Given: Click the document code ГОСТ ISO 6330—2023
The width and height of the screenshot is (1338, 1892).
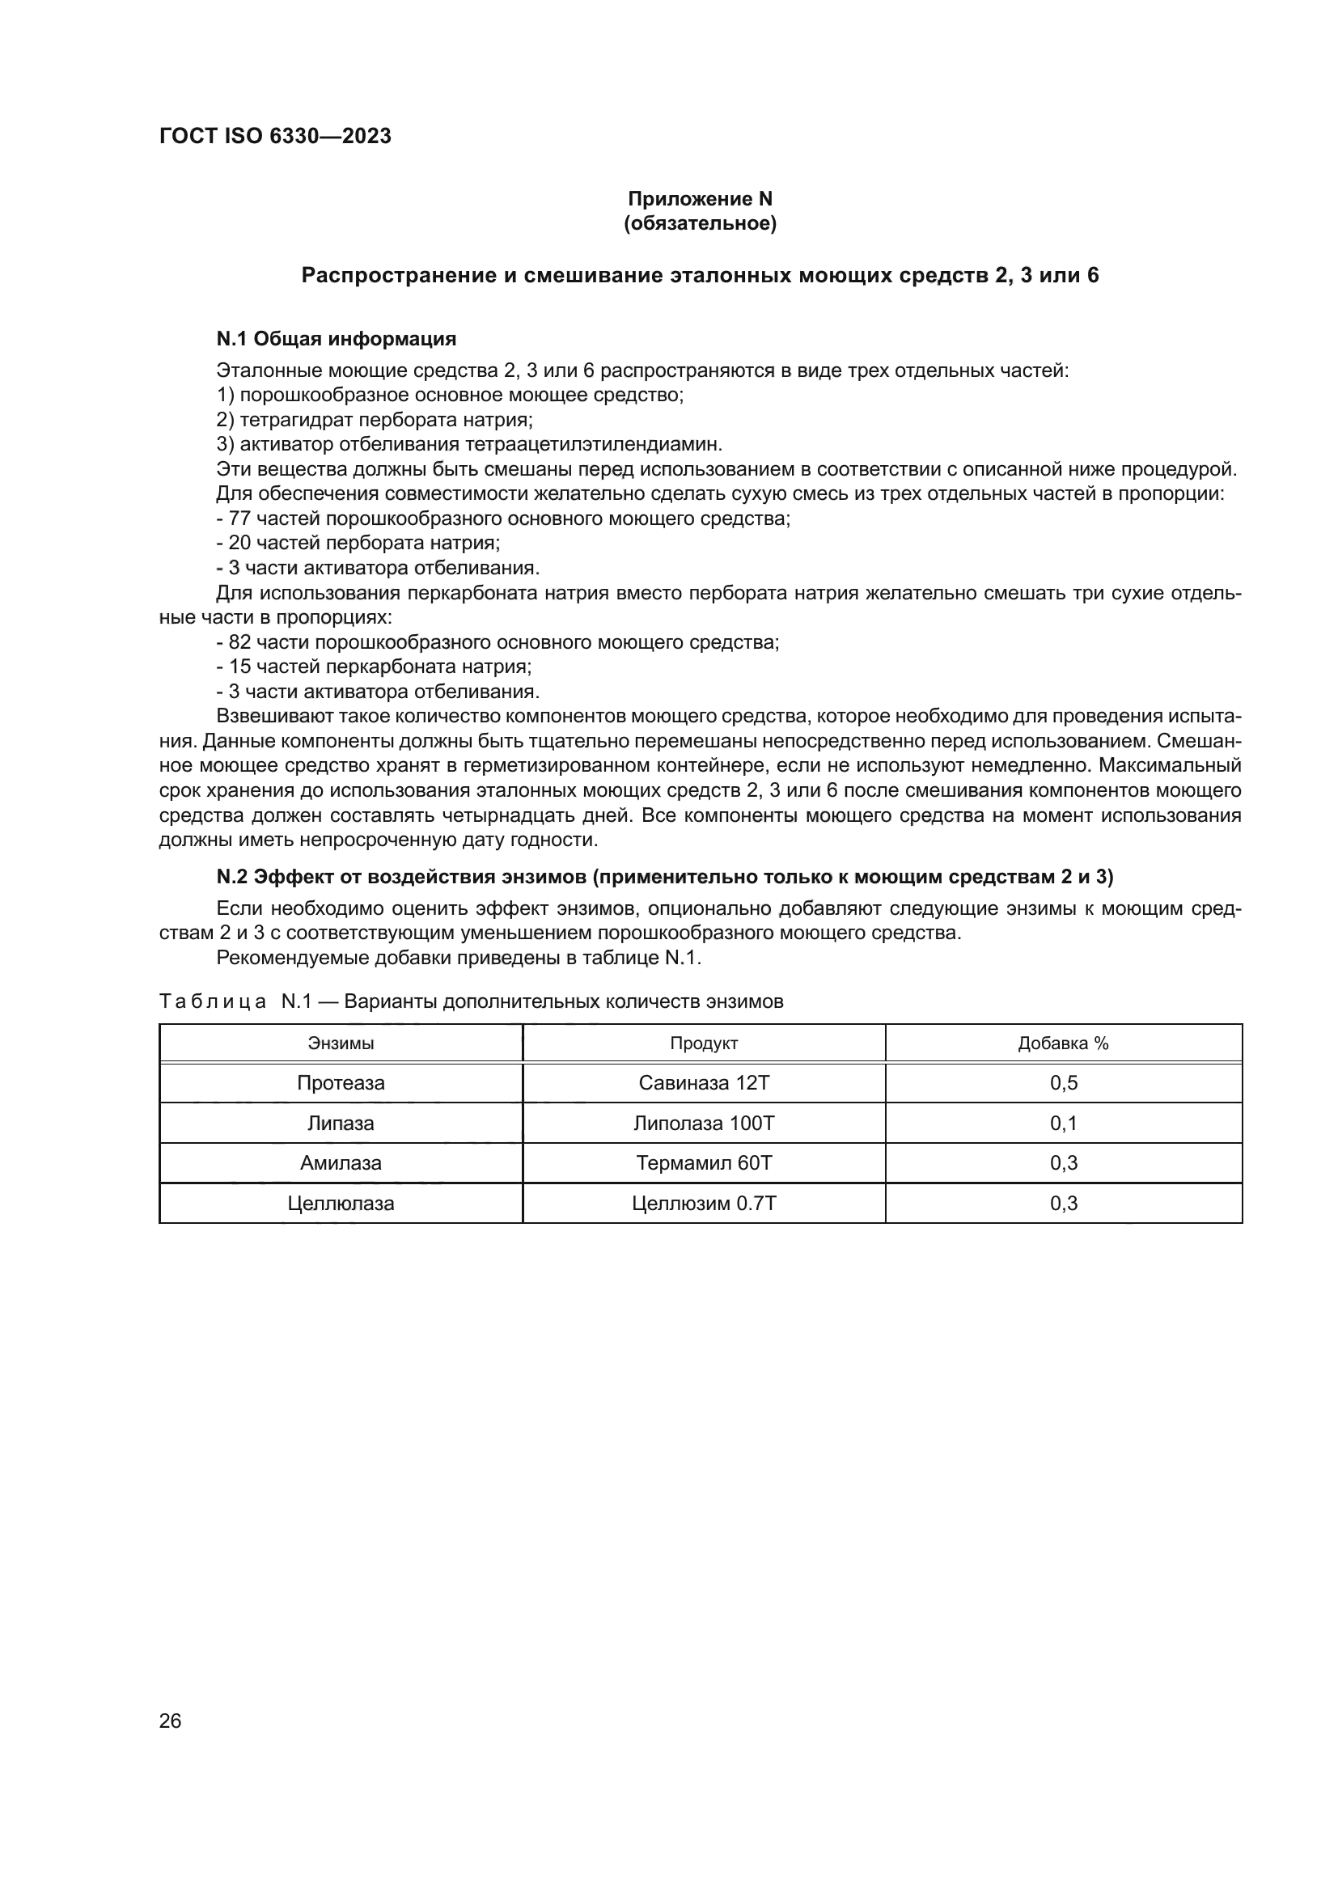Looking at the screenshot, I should point(275,137).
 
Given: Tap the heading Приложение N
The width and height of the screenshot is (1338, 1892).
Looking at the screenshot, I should point(700,199).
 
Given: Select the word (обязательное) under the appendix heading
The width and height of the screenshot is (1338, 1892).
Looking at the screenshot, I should point(700,223).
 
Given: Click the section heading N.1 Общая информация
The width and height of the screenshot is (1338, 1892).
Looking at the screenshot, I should point(337,339).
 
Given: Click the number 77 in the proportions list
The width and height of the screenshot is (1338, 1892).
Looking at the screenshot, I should point(239,519).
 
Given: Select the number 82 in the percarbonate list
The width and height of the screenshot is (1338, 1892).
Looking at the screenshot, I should point(239,642).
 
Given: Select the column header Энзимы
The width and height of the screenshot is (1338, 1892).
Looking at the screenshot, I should point(341,1043).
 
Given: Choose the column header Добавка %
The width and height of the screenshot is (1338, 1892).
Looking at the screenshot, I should point(1063,1043).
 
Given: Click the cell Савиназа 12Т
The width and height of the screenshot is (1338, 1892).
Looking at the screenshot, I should point(704,1083).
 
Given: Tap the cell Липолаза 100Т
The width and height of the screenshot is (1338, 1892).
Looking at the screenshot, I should point(704,1124).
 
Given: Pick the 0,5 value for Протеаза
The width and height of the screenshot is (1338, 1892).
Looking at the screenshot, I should point(1063,1083).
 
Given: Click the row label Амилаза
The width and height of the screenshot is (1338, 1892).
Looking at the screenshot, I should point(341,1162).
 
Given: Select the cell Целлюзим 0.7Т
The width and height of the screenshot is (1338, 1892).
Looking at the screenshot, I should point(704,1203).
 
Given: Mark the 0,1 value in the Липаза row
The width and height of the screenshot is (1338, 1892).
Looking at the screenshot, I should point(1063,1124).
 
